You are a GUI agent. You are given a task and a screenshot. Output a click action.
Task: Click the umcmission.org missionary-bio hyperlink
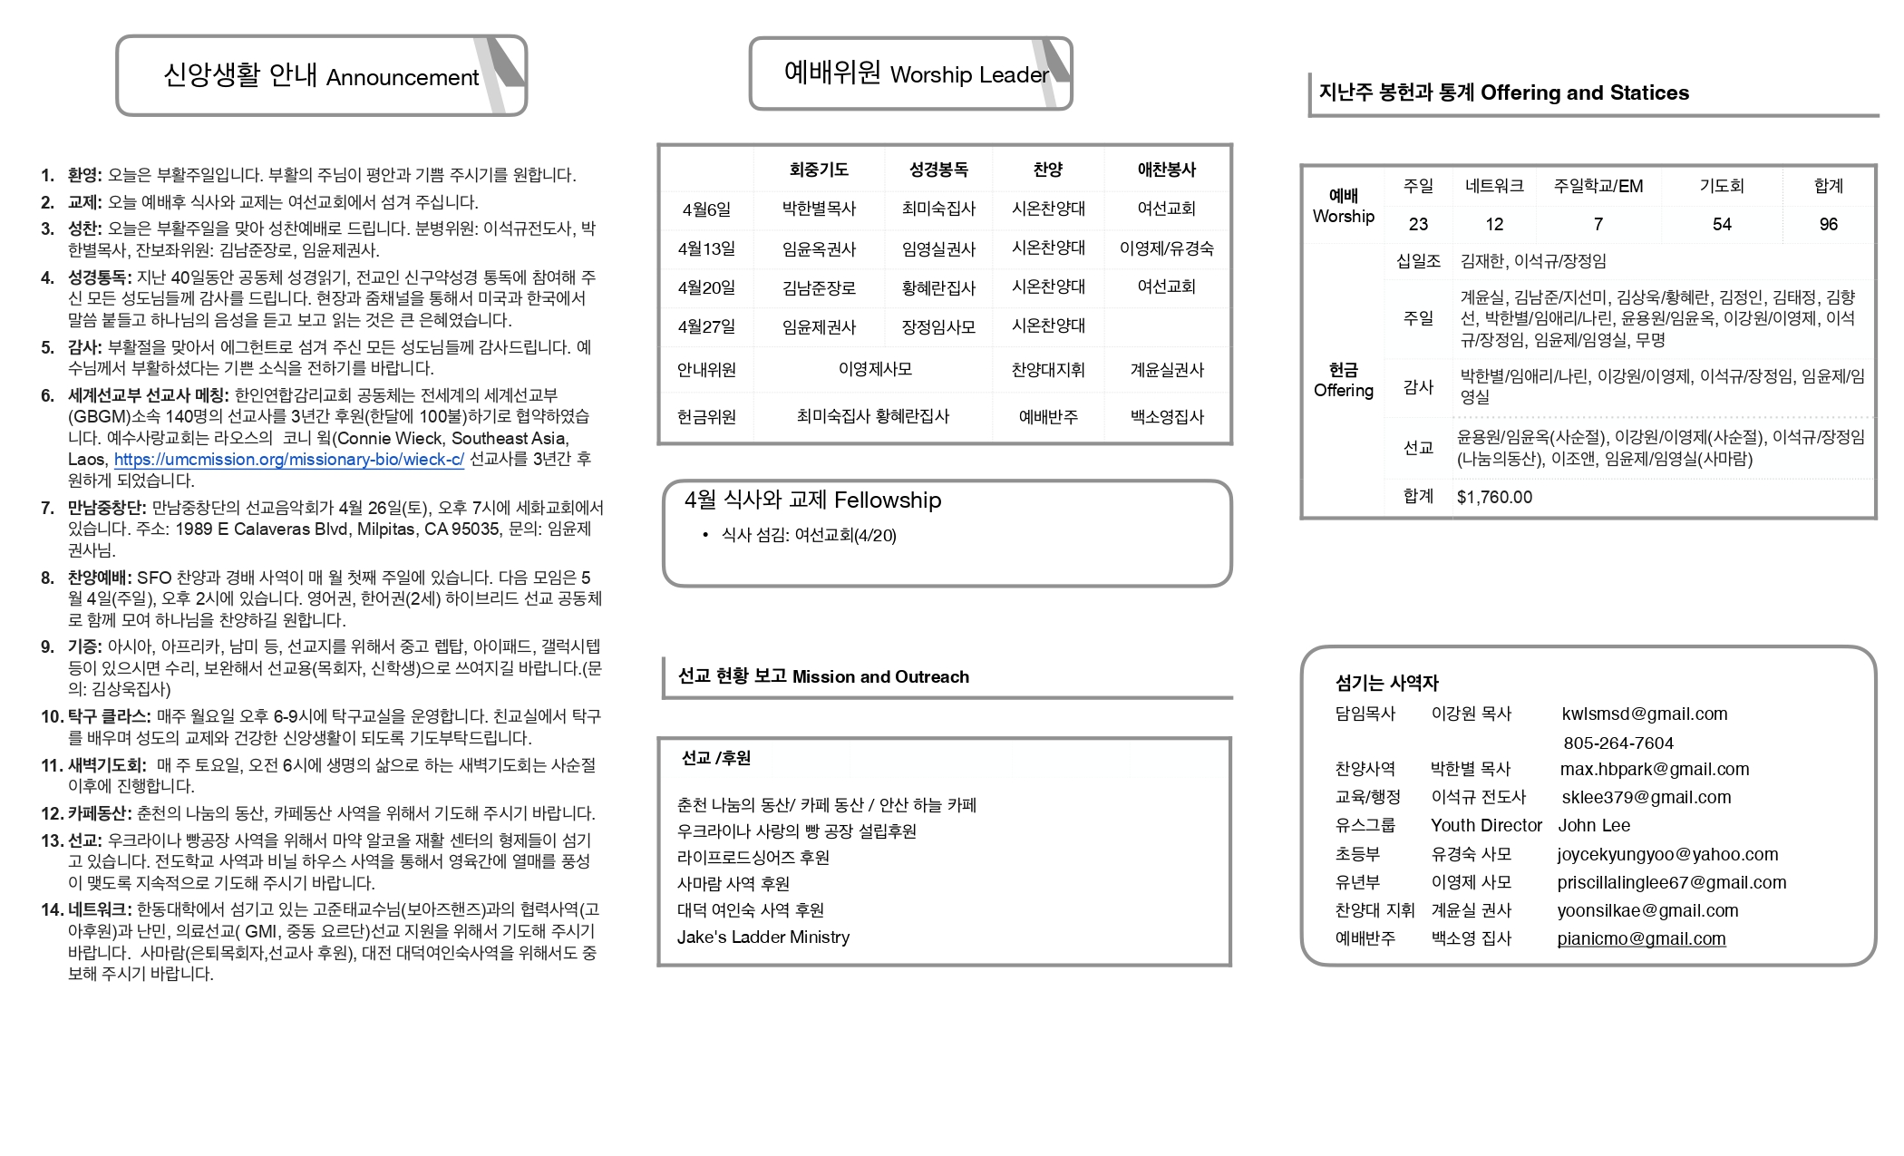[x=288, y=460]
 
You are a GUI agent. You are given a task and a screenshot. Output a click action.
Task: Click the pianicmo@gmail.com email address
[x=1641, y=939]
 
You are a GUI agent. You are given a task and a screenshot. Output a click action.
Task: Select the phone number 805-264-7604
[x=1617, y=743]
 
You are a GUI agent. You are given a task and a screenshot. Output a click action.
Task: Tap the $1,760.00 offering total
[x=1494, y=497]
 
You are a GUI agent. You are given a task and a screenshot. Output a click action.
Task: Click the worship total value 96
[x=1828, y=224]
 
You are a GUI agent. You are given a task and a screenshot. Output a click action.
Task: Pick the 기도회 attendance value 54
[x=1721, y=224]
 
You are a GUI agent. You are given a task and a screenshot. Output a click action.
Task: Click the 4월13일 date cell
[x=706, y=248]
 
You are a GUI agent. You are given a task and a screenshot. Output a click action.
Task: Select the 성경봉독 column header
[x=938, y=170]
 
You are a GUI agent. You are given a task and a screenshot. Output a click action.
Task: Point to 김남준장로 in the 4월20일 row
[x=819, y=288]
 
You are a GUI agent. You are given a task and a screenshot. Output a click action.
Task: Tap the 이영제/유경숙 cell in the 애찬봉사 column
[x=1166, y=248]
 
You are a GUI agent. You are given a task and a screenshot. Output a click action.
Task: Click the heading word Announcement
[x=403, y=78]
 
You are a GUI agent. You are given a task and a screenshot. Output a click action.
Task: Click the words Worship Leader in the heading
[x=968, y=75]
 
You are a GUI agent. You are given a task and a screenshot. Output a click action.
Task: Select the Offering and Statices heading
[x=1584, y=92]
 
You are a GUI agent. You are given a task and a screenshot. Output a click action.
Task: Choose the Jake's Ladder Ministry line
[x=763, y=937]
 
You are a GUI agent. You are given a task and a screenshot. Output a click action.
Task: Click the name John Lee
[x=1593, y=826]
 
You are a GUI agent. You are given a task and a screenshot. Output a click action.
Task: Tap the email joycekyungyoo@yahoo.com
[x=1667, y=854]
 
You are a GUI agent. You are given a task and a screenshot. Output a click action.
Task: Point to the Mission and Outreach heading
[x=879, y=677]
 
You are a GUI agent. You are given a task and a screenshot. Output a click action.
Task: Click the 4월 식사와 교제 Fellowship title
[x=812, y=500]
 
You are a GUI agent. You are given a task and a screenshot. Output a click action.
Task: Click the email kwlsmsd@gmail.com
[x=1644, y=714]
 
